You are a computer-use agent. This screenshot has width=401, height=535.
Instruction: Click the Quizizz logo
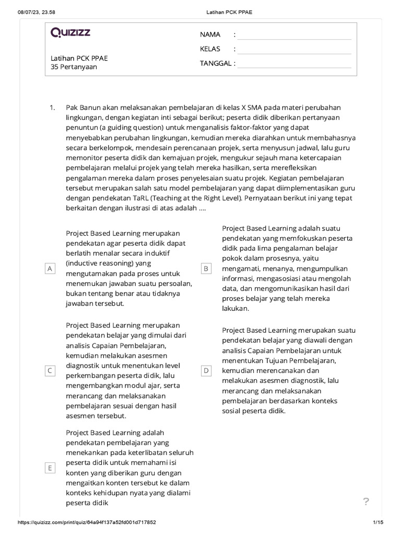click(x=70, y=33)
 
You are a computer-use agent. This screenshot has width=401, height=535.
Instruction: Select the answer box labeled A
click(x=50, y=269)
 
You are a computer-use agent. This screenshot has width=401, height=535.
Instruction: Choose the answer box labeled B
click(x=206, y=269)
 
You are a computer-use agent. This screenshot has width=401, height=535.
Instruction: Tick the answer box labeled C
click(x=50, y=370)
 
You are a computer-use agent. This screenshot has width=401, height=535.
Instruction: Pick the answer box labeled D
click(x=206, y=370)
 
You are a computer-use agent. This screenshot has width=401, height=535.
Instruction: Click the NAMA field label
click(x=210, y=34)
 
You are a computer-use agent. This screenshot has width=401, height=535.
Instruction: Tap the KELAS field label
click(x=210, y=49)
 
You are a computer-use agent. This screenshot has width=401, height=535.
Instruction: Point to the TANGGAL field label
click(x=216, y=64)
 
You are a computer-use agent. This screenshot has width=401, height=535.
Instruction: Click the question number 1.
click(x=52, y=107)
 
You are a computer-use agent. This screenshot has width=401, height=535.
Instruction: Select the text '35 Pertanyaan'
click(x=74, y=67)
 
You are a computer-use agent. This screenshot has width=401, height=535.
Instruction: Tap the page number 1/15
click(x=379, y=522)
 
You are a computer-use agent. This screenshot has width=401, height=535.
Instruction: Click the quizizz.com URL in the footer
click(x=87, y=522)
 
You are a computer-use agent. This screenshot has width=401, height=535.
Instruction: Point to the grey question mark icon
click(x=366, y=502)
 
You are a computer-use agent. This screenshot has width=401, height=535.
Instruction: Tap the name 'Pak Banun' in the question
click(x=81, y=107)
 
